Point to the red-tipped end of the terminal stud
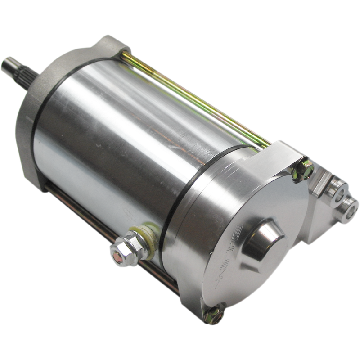click(x=117, y=257)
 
